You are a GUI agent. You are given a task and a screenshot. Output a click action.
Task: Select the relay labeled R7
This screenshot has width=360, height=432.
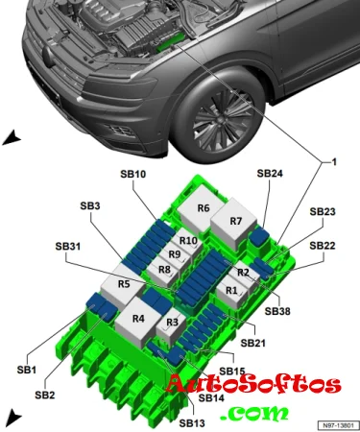click(x=233, y=224)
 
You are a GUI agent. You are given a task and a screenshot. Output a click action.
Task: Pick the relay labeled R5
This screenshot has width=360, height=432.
click(x=123, y=285)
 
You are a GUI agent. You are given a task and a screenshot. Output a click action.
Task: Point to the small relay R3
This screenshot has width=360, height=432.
click(x=170, y=324)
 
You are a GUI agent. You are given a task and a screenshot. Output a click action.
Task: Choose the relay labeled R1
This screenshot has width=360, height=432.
click(x=231, y=292)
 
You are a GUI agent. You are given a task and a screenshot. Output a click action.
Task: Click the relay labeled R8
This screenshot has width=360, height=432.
click(x=163, y=272)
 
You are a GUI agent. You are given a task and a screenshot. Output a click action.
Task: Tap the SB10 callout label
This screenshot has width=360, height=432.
click(x=133, y=174)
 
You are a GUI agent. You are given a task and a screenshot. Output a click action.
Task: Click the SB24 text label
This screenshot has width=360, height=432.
click(x=270, y=173)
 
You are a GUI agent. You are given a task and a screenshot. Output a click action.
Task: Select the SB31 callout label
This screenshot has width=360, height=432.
click(x=68, y=247)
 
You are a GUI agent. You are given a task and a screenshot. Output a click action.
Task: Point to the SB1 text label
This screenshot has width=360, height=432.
click(x=27, y=370)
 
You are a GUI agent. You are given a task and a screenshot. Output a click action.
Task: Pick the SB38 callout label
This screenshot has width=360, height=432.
click(x=277, y=311)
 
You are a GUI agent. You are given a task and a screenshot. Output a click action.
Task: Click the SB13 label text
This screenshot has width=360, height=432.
click(x=192, y=423)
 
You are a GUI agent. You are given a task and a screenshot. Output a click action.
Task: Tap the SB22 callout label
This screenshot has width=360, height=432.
click(x=323, y=246)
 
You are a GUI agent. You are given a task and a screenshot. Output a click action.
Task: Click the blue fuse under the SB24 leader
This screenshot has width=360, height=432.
click(x=259, y=237)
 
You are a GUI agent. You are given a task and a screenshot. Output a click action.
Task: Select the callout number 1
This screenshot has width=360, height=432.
click(x=334, y=162)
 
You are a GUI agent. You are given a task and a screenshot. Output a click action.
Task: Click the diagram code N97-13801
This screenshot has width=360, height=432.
click(x=338, y=425)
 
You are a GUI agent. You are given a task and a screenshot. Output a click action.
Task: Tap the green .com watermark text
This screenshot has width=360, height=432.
click(x=254, y=413)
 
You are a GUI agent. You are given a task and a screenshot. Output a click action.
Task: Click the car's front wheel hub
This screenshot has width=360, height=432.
click(x=222, y=119)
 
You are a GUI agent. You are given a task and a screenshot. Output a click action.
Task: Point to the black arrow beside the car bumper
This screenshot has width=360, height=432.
click(x=12, y=138)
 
